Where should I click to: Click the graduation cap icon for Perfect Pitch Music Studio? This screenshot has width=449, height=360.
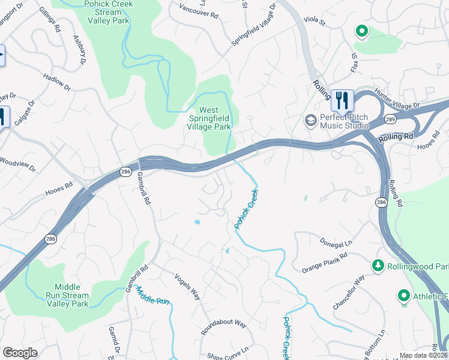tap(310, 121)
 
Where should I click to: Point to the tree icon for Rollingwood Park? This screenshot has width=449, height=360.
tap(378, 265)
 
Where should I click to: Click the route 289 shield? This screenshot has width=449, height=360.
tap(390, 119)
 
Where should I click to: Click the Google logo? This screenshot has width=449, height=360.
tap(20, 353)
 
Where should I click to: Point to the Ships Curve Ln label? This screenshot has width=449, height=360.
tap(228, 351)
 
